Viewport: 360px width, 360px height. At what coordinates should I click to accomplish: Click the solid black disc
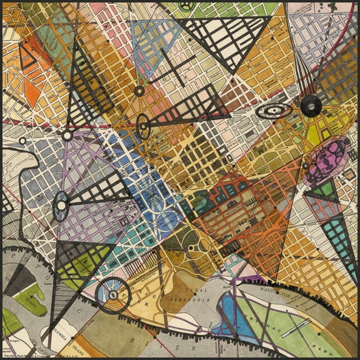pos(311,106)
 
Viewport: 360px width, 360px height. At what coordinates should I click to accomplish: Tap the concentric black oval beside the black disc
pos(274,111)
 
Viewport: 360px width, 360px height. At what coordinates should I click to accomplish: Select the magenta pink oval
pos(326,161)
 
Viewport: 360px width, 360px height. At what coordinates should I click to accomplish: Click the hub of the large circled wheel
pos(113,295)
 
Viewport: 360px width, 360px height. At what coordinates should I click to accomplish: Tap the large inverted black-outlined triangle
pos(225,41)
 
